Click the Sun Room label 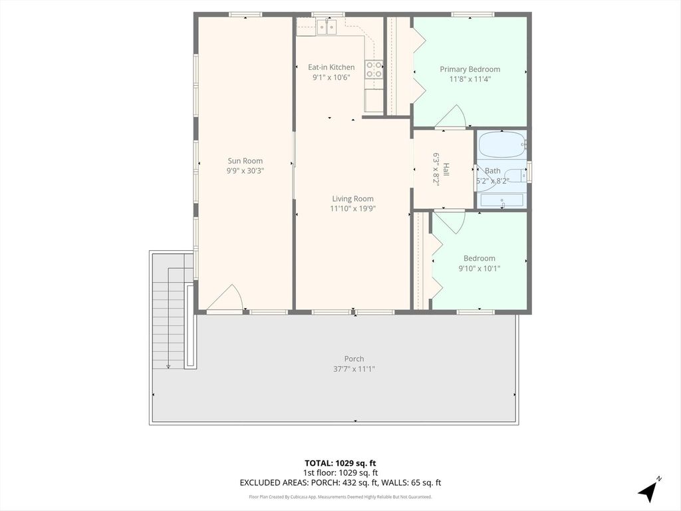tap(245, 161)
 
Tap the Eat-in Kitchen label tap(331, 67)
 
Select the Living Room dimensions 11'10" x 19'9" tap(352, 208)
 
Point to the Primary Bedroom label tap(470, 69)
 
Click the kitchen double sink tap(327, 27)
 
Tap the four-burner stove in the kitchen tap(374, 69)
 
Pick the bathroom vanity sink tap(502, 200)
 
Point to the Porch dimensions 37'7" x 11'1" tap(354, 369)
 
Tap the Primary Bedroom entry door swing tap(451, 116)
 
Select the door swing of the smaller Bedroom tap(450, 223)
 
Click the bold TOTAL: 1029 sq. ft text tap(340, 463)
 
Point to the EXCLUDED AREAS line tap(340, 482)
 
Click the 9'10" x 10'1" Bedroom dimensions tap(479, 269)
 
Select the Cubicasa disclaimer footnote tap(340, 496)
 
